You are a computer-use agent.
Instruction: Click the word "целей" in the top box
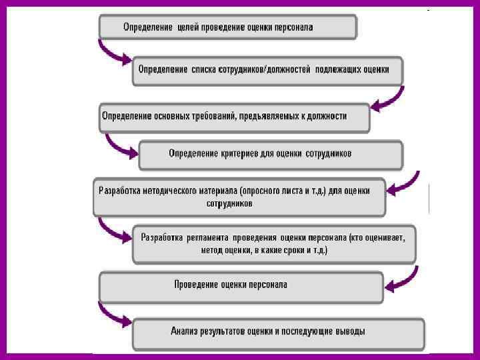coord(189,27)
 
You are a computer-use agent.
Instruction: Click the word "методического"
coord(167,190)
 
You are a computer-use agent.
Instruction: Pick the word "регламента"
coord(208,236)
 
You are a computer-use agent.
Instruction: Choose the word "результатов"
coord(229,331)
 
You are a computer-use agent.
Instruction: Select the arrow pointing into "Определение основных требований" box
coord(387,99)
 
